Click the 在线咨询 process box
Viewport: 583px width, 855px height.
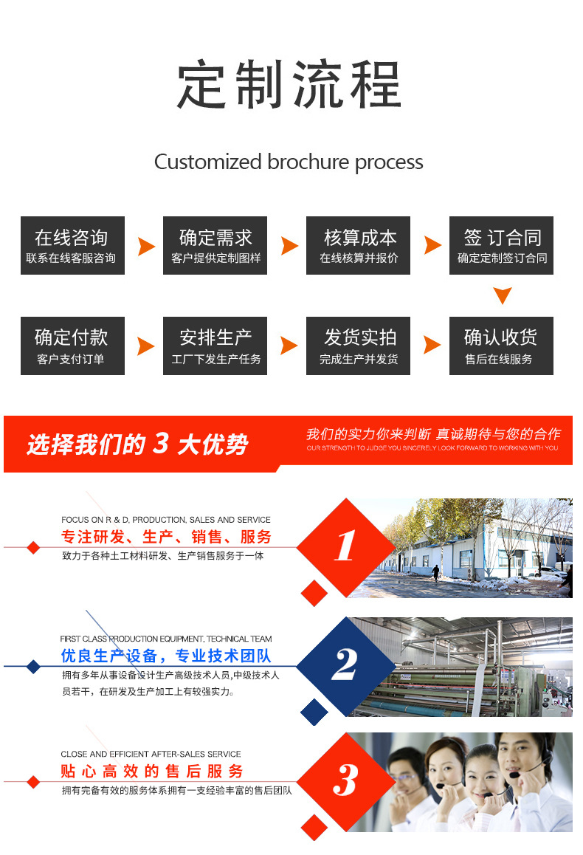(x=72, y=246)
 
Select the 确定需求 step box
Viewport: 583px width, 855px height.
(x=215, y=246)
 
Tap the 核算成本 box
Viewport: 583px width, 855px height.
(x=359, y=246)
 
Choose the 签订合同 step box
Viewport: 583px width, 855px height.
(x=502, y=246)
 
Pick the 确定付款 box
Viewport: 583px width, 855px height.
(x=72, y=346)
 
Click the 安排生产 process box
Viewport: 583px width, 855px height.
(x=215, y=346)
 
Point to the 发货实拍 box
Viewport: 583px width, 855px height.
(x=359, y=346)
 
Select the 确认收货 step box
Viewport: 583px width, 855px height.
(x=502, y=346)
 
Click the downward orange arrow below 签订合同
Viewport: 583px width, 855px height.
(x=503, y=296)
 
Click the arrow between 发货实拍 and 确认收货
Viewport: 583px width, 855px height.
(x=432, y=345)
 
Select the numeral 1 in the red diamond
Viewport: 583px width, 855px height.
(x=345, y=547)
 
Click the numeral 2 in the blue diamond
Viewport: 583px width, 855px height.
(x=345, y=665)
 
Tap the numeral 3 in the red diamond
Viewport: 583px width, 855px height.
(x=345, y=780)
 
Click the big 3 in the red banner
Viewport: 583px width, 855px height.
(x=161, y=444)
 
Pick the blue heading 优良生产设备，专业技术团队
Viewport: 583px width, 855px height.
(x=166, y=656)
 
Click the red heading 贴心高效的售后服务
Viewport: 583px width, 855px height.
(x=152, y=772)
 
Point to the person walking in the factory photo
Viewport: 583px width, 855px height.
(x=436, y=572)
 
